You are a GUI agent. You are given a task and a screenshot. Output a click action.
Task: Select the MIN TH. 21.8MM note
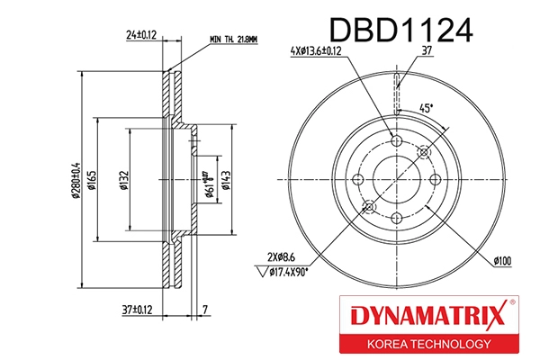click(233, 39)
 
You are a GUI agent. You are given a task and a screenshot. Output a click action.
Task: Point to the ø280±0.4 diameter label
click(78, 180)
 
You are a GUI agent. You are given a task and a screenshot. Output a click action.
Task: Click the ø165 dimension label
click(92, 180)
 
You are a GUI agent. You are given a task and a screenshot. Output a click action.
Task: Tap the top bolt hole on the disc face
click(399, 141)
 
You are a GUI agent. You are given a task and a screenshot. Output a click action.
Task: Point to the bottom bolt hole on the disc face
click(399, 219)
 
